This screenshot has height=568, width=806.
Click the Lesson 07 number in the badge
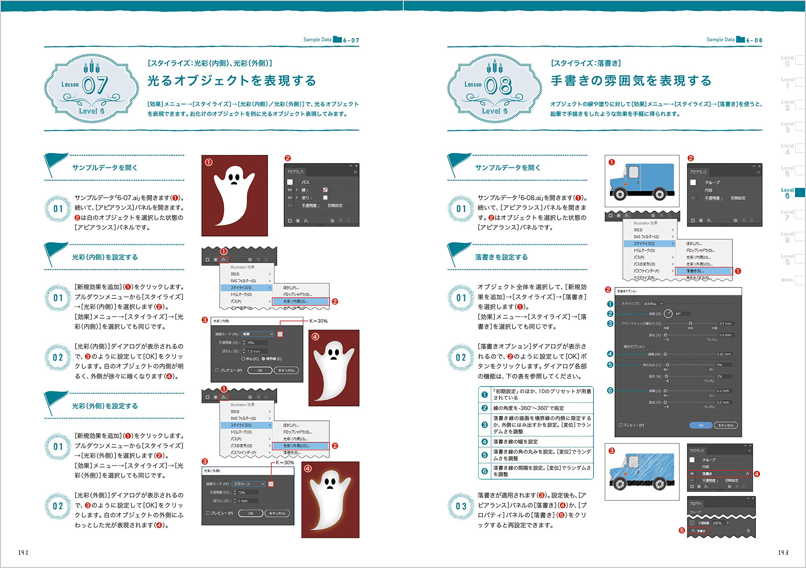point(95,85)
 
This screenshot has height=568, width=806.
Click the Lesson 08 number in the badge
point(498,85)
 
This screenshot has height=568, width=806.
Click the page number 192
point(23,552)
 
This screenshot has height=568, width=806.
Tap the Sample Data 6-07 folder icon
point(337,39)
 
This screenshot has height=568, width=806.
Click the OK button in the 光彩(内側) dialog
point(260,370)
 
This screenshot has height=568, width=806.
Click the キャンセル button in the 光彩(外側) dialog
point(277,513)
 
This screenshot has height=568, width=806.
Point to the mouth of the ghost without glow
point(234,183)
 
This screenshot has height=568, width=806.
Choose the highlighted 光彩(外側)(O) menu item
point(301,446)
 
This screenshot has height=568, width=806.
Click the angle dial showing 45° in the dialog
point(668,313)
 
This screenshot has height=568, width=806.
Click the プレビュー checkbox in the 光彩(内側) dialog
point(217,370)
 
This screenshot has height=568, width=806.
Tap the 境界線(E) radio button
point(263,359)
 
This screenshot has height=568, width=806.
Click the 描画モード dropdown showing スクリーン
point(248,484)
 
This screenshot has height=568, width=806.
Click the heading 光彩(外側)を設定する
point(105,406)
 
